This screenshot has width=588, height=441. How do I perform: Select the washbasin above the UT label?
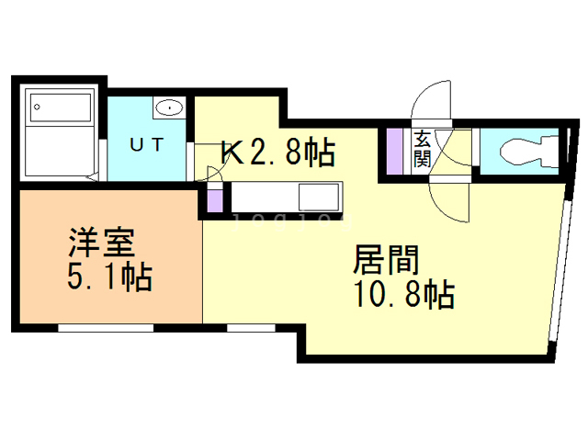169,108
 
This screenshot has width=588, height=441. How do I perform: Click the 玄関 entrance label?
423,150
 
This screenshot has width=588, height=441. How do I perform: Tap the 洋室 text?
101,243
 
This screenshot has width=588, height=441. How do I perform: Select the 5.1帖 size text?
108,277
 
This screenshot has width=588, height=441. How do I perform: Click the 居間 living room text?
387,260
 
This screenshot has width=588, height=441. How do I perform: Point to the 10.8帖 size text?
399,295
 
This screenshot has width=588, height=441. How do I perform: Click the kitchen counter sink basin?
318,197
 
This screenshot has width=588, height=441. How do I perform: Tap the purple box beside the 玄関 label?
395,150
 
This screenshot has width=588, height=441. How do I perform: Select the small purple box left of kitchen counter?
215,197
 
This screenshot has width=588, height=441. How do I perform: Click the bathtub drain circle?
38,107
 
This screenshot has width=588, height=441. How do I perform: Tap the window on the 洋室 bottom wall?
106,327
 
